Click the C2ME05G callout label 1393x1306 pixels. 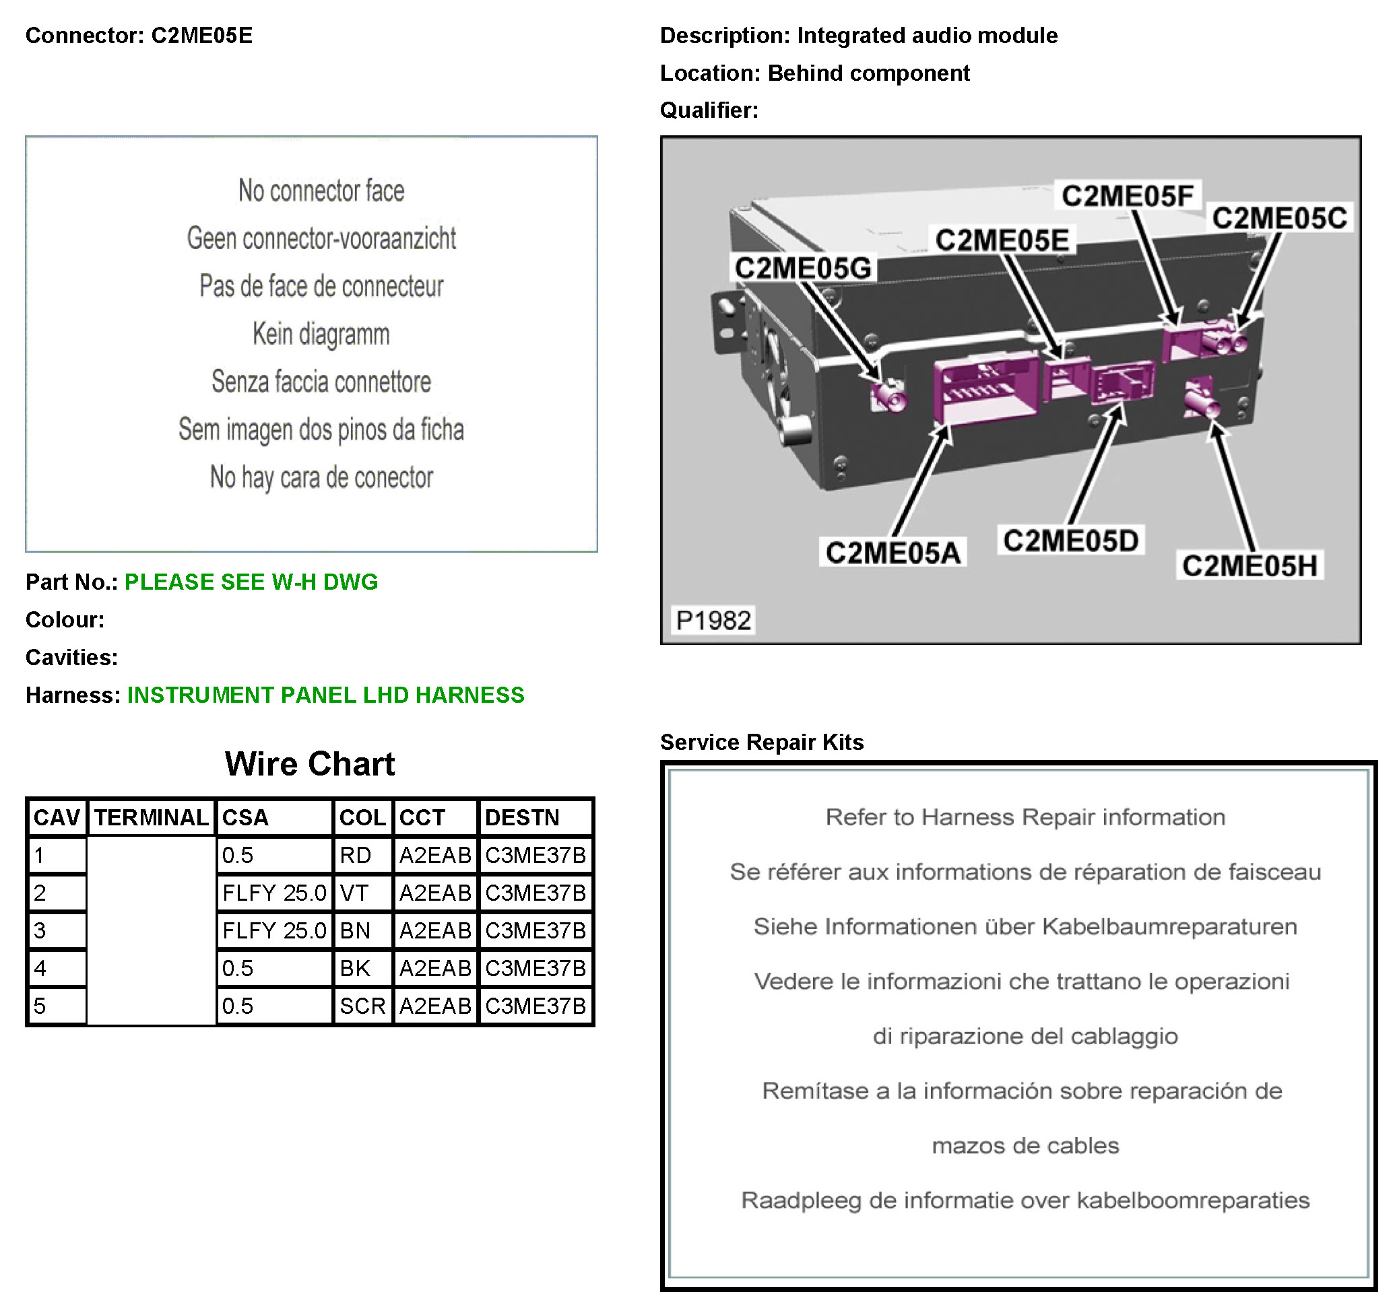coord(802,267)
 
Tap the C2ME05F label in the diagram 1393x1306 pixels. coord(1127,195)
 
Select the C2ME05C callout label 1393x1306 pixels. coord(1278,218)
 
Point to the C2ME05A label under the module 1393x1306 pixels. coord(892,553)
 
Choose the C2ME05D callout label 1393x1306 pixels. coord(1070,540)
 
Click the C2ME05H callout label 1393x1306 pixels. coord(1250,565)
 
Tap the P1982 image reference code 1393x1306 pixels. coord(713,620)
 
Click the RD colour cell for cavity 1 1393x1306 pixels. coord(362,855)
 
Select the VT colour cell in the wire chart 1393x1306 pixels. coord(362,893)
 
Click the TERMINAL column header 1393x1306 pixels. coord(152,817)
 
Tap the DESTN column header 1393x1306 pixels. coord(536,817)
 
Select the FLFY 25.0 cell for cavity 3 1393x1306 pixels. coord(274,930)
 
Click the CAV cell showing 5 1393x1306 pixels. coord(56,1006)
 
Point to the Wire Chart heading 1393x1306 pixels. coord(310,763)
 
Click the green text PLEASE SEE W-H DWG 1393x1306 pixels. coord(251,582)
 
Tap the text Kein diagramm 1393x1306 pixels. coord(321,334)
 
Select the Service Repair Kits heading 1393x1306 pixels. coord(762,742)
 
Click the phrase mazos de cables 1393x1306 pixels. coord(1025,1145)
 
